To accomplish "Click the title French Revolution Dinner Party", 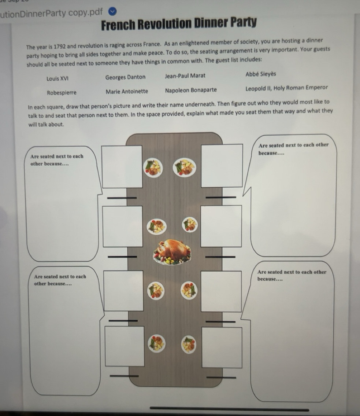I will point(179,25).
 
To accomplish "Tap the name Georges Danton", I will point(125,77).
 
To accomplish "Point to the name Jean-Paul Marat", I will point(185,76).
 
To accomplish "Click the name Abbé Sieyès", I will point(261,74).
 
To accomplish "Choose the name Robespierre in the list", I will point(62,93).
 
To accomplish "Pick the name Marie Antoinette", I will point(127,91).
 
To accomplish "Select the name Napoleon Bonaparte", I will point(191,90).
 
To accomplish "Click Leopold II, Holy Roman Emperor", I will point(287,88).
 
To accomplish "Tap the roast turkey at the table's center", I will point(172,252).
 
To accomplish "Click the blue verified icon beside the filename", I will point(113,12).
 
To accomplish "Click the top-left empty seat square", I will point(122,167).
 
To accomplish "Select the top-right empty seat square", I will point(222,165).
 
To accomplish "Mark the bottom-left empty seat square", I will point(125,346).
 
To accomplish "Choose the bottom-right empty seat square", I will point(222,347).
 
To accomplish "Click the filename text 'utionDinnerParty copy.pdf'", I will point(52,13).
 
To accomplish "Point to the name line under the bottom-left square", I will point(124,376).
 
